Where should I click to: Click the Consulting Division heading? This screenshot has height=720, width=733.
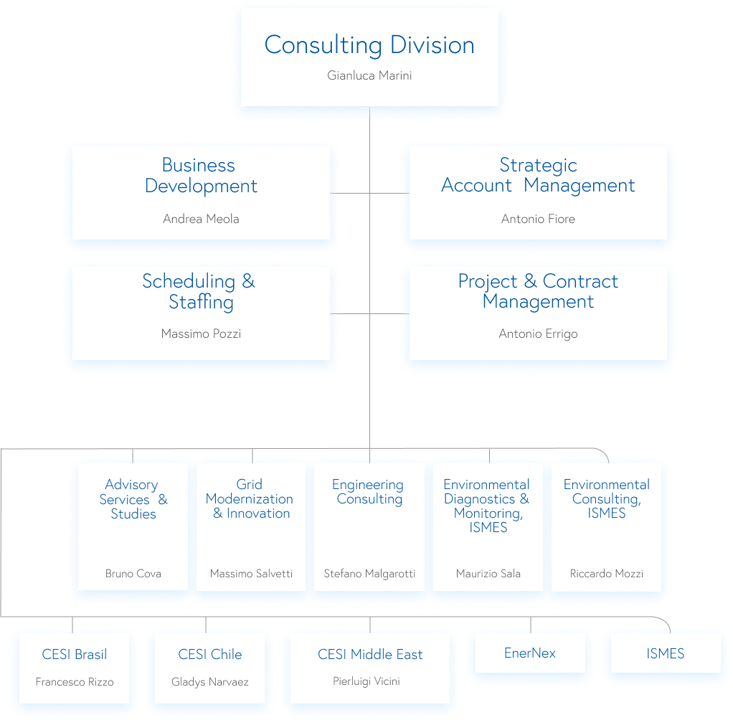[x=369, y=45]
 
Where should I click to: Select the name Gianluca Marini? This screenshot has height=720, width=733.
[x=369, y=75]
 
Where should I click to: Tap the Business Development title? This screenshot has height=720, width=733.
[x=200, y=176]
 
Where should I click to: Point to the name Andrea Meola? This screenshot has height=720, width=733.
[x=201, y=219]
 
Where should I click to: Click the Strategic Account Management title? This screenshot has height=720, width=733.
[x=538, y=176]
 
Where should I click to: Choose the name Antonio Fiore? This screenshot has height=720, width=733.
[x=538, y=219]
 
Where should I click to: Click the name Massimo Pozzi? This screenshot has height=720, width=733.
[x=201, y=333]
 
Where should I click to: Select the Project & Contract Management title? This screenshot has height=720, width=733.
[x=538, y=292]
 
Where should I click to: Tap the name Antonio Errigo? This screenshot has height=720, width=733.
[x=538, y=333]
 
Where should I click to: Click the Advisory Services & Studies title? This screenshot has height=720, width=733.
[x=133, y=499]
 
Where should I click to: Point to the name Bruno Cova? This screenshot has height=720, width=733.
[x=133, y=574]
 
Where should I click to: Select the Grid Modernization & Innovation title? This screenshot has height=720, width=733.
[x=250, y=499]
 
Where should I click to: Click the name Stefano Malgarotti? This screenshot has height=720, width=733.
[x=369, y=574]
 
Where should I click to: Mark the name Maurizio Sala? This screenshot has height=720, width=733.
[x=488, y=574]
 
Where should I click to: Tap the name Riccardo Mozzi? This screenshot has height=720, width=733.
[x=606, y=574]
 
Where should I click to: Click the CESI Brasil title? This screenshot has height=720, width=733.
[x=75, y=654]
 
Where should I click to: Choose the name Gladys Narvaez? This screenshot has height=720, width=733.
[x=209, y=682]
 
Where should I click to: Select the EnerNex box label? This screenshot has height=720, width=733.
[x=530, y=653]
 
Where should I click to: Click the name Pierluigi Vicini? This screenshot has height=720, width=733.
[x=366, y=681]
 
